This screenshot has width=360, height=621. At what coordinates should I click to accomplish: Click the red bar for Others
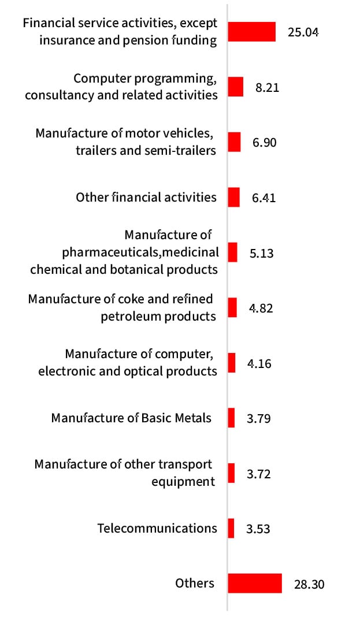pyautogui.click(x=254, y=583)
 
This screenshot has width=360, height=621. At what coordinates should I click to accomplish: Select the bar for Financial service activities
pyautogui.click(x=251, y=32)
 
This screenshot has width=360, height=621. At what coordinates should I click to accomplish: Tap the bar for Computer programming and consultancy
pyautogui.click(x=235, y=87)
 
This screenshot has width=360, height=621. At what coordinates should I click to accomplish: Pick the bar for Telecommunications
pyautogui.click(x=231, y=528)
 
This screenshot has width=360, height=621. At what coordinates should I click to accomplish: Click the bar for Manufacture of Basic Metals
pyautogui.click(x=231, y=418)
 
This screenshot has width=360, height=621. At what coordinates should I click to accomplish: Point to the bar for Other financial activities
pyautogui.click(x=233, y=197)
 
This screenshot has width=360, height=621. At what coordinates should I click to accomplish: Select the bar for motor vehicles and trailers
pyautogui.click(x=234, y=142)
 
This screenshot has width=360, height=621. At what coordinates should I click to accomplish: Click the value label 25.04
pyautogui.click(x=303, y=32)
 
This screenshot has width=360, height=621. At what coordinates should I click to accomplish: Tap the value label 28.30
pyautogui.click(x=309, y=585)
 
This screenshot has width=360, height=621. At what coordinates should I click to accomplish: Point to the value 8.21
pyautogui.click(x=267, y=88)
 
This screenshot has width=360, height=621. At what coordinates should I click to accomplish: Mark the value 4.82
pyautogui.click(x=261, y=308)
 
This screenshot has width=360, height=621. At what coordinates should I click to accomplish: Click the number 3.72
pyautogui.click(x=258, y=474)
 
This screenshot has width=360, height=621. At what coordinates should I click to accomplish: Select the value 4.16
pyautogui.click(x=258, y=364)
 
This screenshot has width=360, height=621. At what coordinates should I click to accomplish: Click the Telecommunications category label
pyautogui.click(x=157, y=528)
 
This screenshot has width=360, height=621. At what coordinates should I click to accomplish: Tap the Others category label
pyautogui.click(x=195, y=583)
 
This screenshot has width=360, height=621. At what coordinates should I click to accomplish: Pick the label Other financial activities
pyautogui.click(x=146, y=198)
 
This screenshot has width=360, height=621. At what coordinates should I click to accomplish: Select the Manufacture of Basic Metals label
pyautogui.click(x=131, y=418)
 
